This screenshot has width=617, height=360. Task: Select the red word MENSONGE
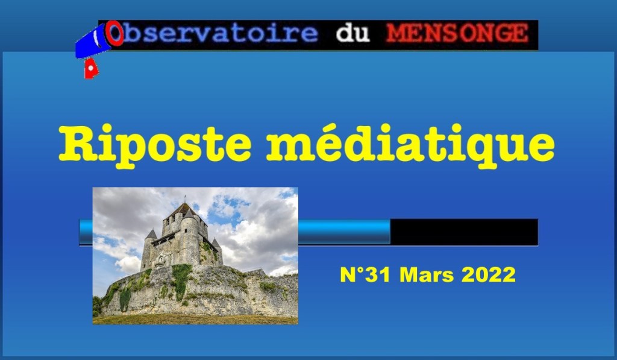(x=457, y=34)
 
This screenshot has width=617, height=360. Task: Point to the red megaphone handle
(x=90, y=69)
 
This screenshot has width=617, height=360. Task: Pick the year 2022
(x=488, y=275)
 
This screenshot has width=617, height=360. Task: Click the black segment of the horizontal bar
(x=464, y=232)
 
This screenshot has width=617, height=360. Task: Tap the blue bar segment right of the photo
(x=344, y=232)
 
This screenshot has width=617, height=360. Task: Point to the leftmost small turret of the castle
(x=151, y=235)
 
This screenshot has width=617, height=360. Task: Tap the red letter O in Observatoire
(x=114, y=34)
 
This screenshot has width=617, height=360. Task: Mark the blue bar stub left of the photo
(x=86, y=232)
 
